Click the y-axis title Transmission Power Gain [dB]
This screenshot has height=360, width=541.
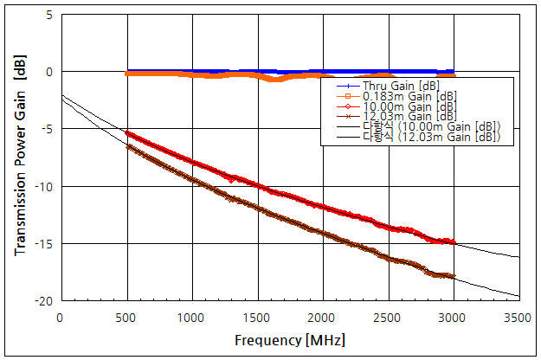coord(19,157)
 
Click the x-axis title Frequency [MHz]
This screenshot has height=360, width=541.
coord(288,340)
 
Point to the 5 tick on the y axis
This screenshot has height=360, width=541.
coord(48,16)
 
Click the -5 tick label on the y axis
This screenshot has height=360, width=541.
coord(45,130)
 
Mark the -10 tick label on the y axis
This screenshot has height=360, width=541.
coord(42,187)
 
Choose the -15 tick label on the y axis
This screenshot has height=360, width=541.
coord(42,244)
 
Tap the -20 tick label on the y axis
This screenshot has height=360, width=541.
coord(42,301)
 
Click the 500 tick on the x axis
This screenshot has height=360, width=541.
coord(127,318)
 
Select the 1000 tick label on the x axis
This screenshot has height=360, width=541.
coord(191,318)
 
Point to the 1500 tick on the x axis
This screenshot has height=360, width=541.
coord(257,318)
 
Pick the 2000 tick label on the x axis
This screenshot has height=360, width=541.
coord(322,318)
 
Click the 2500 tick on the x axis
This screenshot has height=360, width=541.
coord(388,318)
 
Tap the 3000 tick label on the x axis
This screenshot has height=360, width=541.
coord(453,318)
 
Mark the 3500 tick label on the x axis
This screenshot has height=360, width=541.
coord(518,318)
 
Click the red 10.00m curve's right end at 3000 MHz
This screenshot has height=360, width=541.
coord(453,242)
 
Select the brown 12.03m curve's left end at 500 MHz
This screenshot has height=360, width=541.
coord(127,146)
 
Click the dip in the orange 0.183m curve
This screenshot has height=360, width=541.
coord(276,80)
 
